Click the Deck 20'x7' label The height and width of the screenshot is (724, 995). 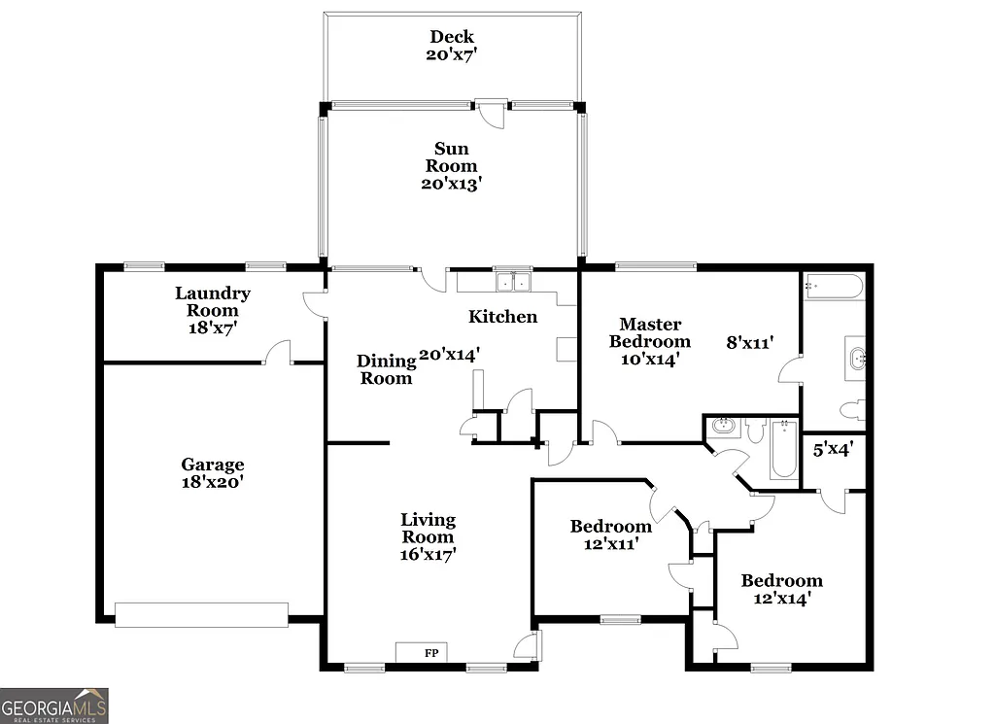pyautogui.click(x=452, y=46)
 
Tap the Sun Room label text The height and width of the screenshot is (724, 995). pyautogui.click(x=451, y=165)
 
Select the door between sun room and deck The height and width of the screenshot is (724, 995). pyautogui.click(x=493, y=112)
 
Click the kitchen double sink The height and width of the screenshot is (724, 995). pyautogui.click(x=512, y=282)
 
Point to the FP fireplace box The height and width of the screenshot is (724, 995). pyautogui.click(x=421, y=652)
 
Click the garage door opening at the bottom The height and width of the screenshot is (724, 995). pyautogui.click(x=202, y=613)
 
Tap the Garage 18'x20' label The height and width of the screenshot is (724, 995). pyautogui.click(x=212, y=472)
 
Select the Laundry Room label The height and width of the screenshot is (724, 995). pyautogui.click(x=212, y=310)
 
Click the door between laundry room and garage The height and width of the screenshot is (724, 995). pyautogui.click(x=279, y=353)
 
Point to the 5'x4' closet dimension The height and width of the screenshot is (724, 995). pyautogui.click(x=833, y=449)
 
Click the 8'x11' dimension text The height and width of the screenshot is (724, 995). pyautogui.click(x=749, y=342)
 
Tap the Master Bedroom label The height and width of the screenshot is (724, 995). pyautogui.click(x=650, y=341)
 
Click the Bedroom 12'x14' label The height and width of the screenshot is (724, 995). pyautogui.click(x=781, y=590)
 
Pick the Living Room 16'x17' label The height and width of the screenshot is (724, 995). pyautogui.click(x=428, y=536)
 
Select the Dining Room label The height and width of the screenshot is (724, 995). pyautogui.click(x=385, y=369)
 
